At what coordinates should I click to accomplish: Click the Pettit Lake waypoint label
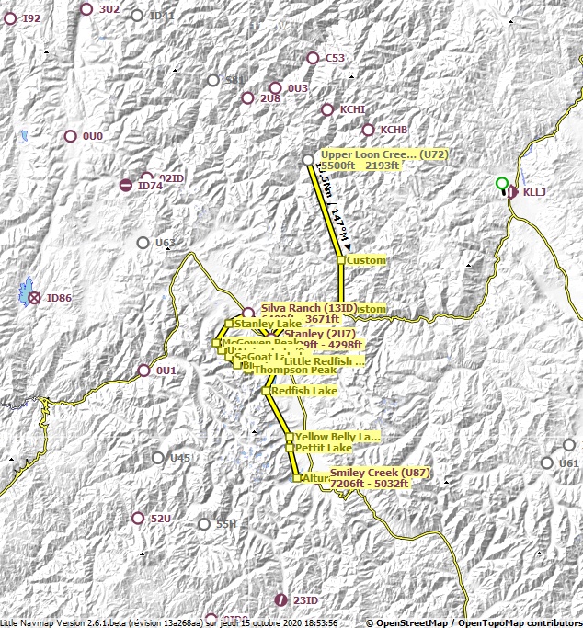[323, 447]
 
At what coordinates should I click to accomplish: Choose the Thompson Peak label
[290, 370]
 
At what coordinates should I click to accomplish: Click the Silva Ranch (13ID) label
[303, 308]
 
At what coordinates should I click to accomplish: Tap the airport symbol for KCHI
[327, 109]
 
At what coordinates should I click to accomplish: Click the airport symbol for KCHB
[369, 130]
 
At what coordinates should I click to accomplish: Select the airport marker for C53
[313, 58]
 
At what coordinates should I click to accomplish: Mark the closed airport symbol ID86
[34, 298]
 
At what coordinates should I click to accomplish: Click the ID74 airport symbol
[125, 186]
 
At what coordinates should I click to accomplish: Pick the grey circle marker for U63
[143, 243]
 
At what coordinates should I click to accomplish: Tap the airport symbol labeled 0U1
[143, 371]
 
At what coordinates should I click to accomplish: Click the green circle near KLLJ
[501, 183]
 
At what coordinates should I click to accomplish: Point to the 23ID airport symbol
[280, 599]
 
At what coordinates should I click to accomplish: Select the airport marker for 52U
[138, 519]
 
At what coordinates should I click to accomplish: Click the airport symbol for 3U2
[86, 9]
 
